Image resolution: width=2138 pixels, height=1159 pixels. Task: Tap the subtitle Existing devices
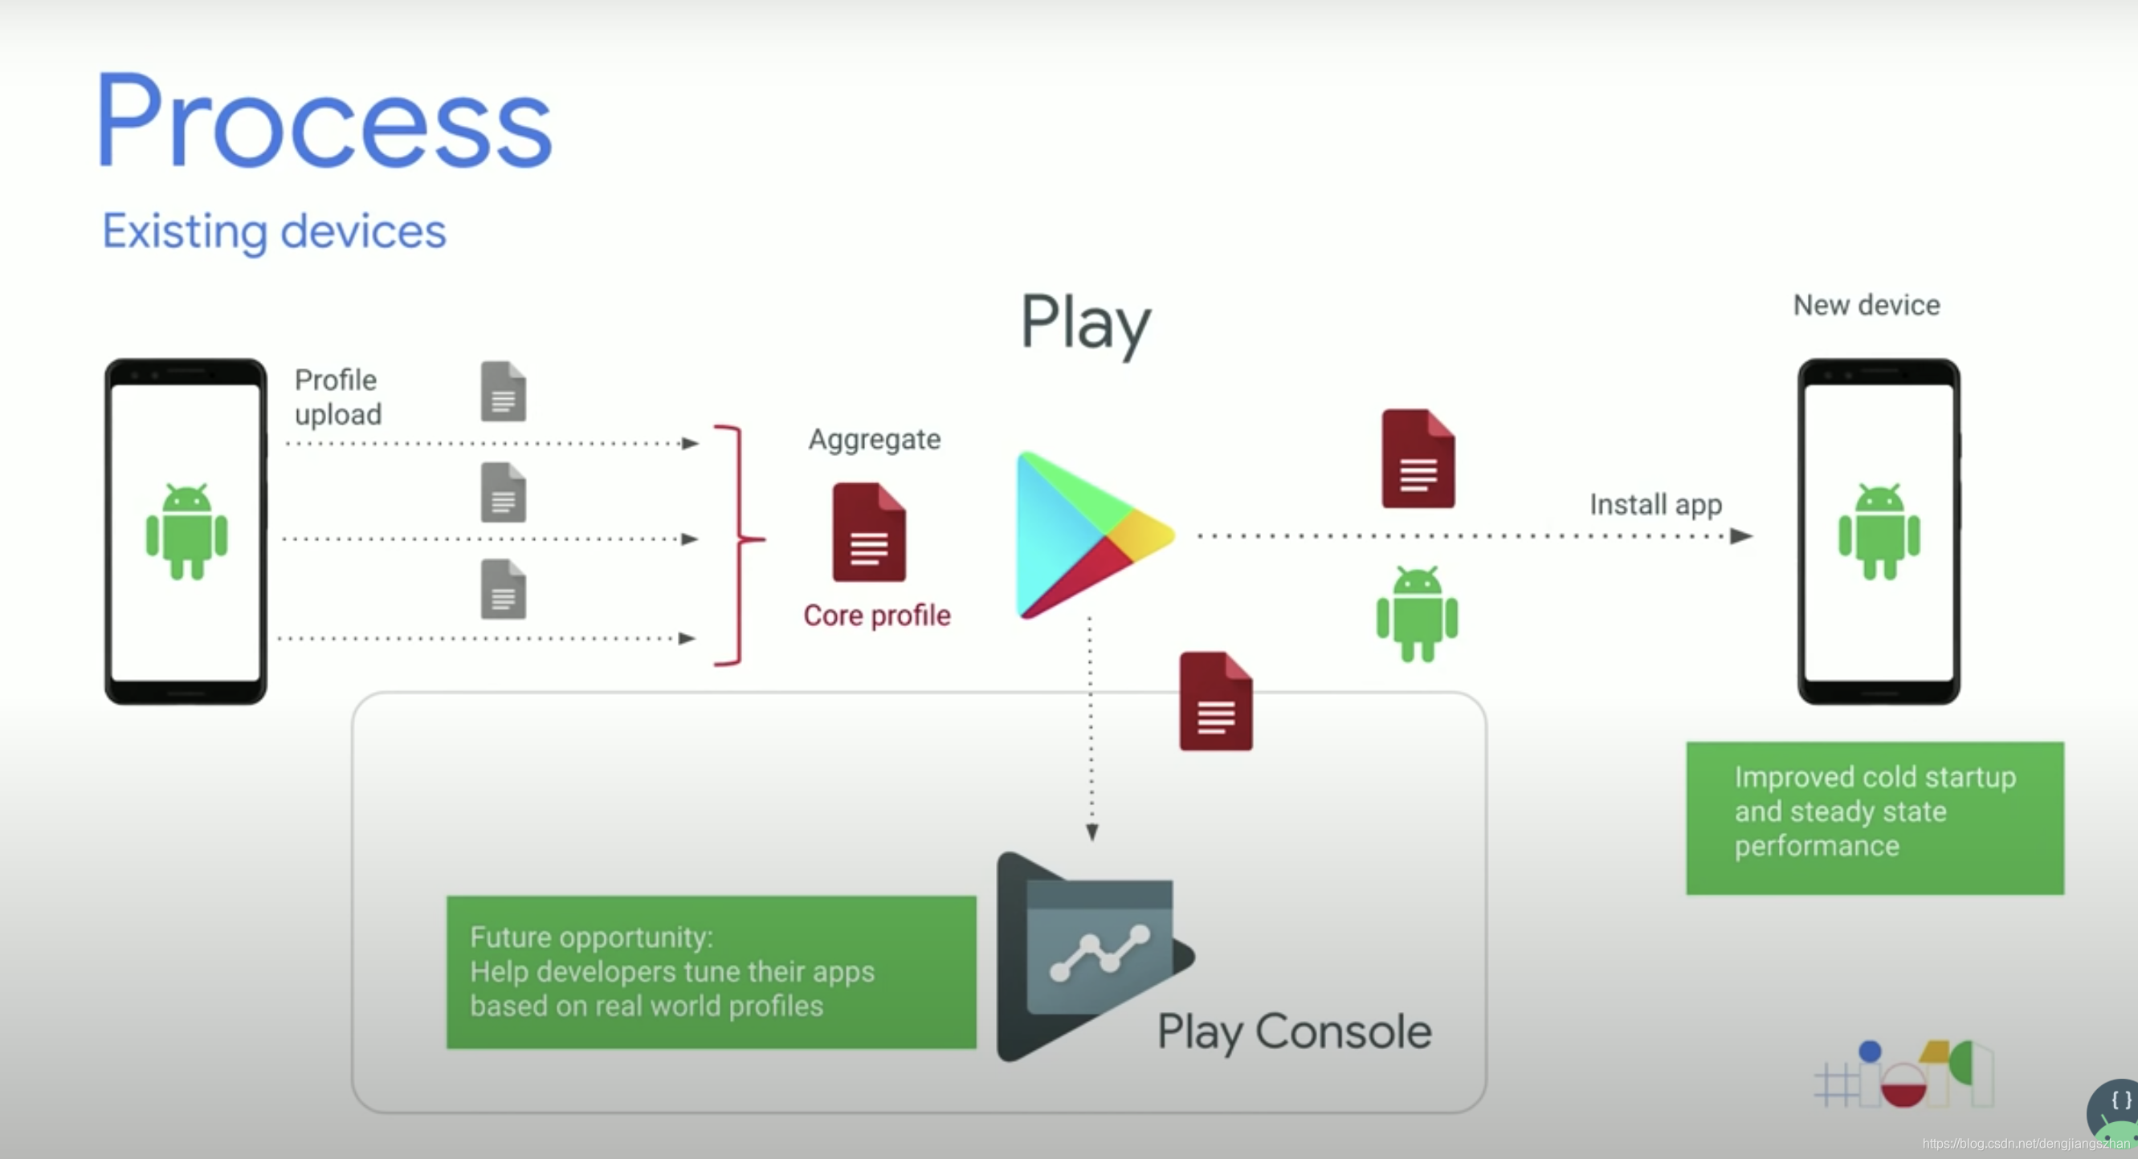(x=274, y=230)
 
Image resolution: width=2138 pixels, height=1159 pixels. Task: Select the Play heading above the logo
(x=1085, y=323)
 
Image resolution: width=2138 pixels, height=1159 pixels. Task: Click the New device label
(x=1867, y=305)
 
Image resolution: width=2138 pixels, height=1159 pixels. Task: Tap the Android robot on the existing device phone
(x=187, y=531)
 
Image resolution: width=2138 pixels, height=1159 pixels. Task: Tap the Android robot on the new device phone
(x=1879, y=531)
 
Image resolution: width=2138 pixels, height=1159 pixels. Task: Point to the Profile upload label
(x=338, y=396)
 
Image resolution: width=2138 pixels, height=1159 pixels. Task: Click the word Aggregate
(x=875, y=439)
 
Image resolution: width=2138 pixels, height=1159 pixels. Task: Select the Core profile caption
(x=876, y=616)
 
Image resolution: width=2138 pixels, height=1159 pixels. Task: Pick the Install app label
(x=1656, y=504)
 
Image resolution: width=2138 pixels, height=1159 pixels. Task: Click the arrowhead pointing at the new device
(x=1741, y=537)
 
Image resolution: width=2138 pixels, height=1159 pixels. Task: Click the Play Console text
(x=1294, y=1031)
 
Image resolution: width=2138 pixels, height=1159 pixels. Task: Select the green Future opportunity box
(x=711, y=972)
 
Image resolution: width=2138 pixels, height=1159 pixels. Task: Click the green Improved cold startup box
(x=1874, y=817)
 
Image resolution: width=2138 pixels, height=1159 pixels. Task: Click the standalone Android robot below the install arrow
(x=1417, y=614)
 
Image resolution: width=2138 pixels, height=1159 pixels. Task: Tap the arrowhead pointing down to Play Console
(x=1092, y=832)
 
